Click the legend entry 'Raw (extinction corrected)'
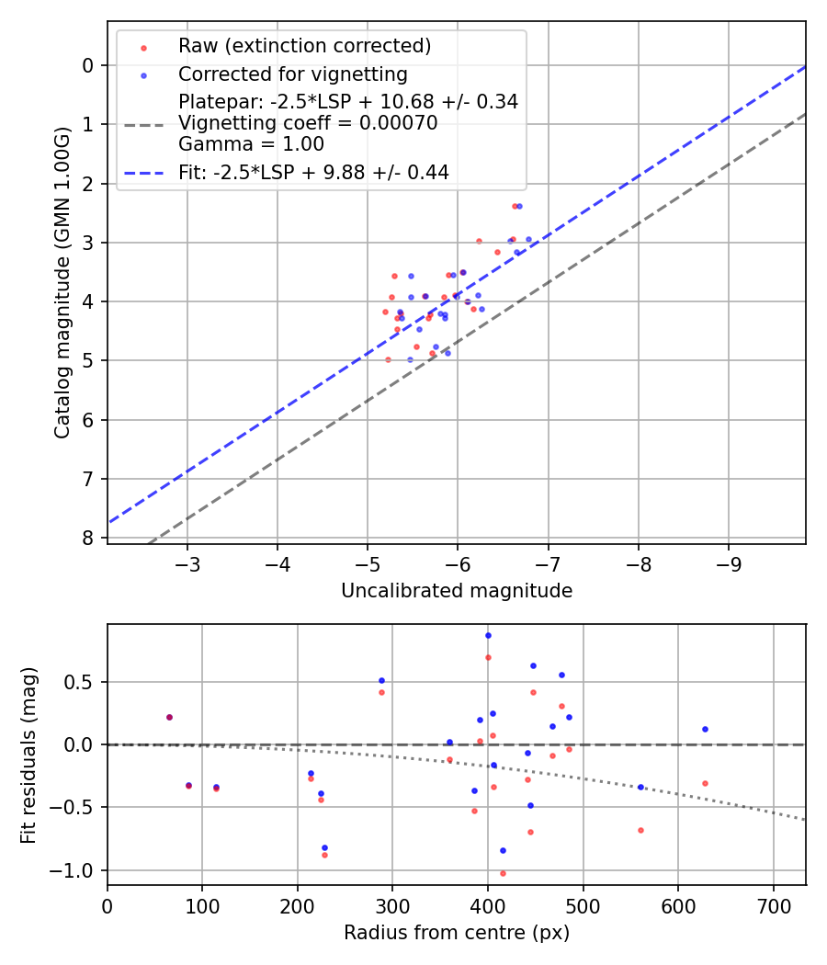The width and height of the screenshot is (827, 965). pyautogui.click(x=304, y=46)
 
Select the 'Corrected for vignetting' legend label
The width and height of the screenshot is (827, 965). pyautogui.click(x=293, y=74)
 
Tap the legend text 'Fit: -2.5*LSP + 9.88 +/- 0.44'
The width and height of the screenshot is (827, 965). pyautogui.click(x=313, y=172)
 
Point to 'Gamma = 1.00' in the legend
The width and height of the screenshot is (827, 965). pyautogui.click(x=251, y=143)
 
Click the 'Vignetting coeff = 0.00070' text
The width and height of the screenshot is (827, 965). pyautogui.click(x=308, y=123)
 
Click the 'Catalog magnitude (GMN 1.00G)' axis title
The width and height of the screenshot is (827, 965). pyautogui.click(x=62, y=281)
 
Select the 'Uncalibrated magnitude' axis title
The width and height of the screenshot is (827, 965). pyautogui.click(x=457, y=591)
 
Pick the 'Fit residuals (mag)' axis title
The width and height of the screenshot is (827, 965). pyautogui.click(x=28, y=755)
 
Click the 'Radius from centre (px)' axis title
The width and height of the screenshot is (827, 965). pyautogui.click(x=457, y=933)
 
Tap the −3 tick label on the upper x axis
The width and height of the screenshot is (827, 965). pyautogui.click(x=187, y=562)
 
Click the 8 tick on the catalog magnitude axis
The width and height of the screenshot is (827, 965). pyautogui.click(x=88, y=538)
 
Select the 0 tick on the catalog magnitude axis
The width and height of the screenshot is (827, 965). pyautogui.click(x=88, y=64)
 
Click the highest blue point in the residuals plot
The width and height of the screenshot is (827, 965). pyautogui.click(x=488, y=635)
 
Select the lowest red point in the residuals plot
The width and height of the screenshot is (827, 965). pyautogui.click(x=503, y=873)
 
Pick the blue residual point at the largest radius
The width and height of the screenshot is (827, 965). pyautogui.click(x=705, y=729)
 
